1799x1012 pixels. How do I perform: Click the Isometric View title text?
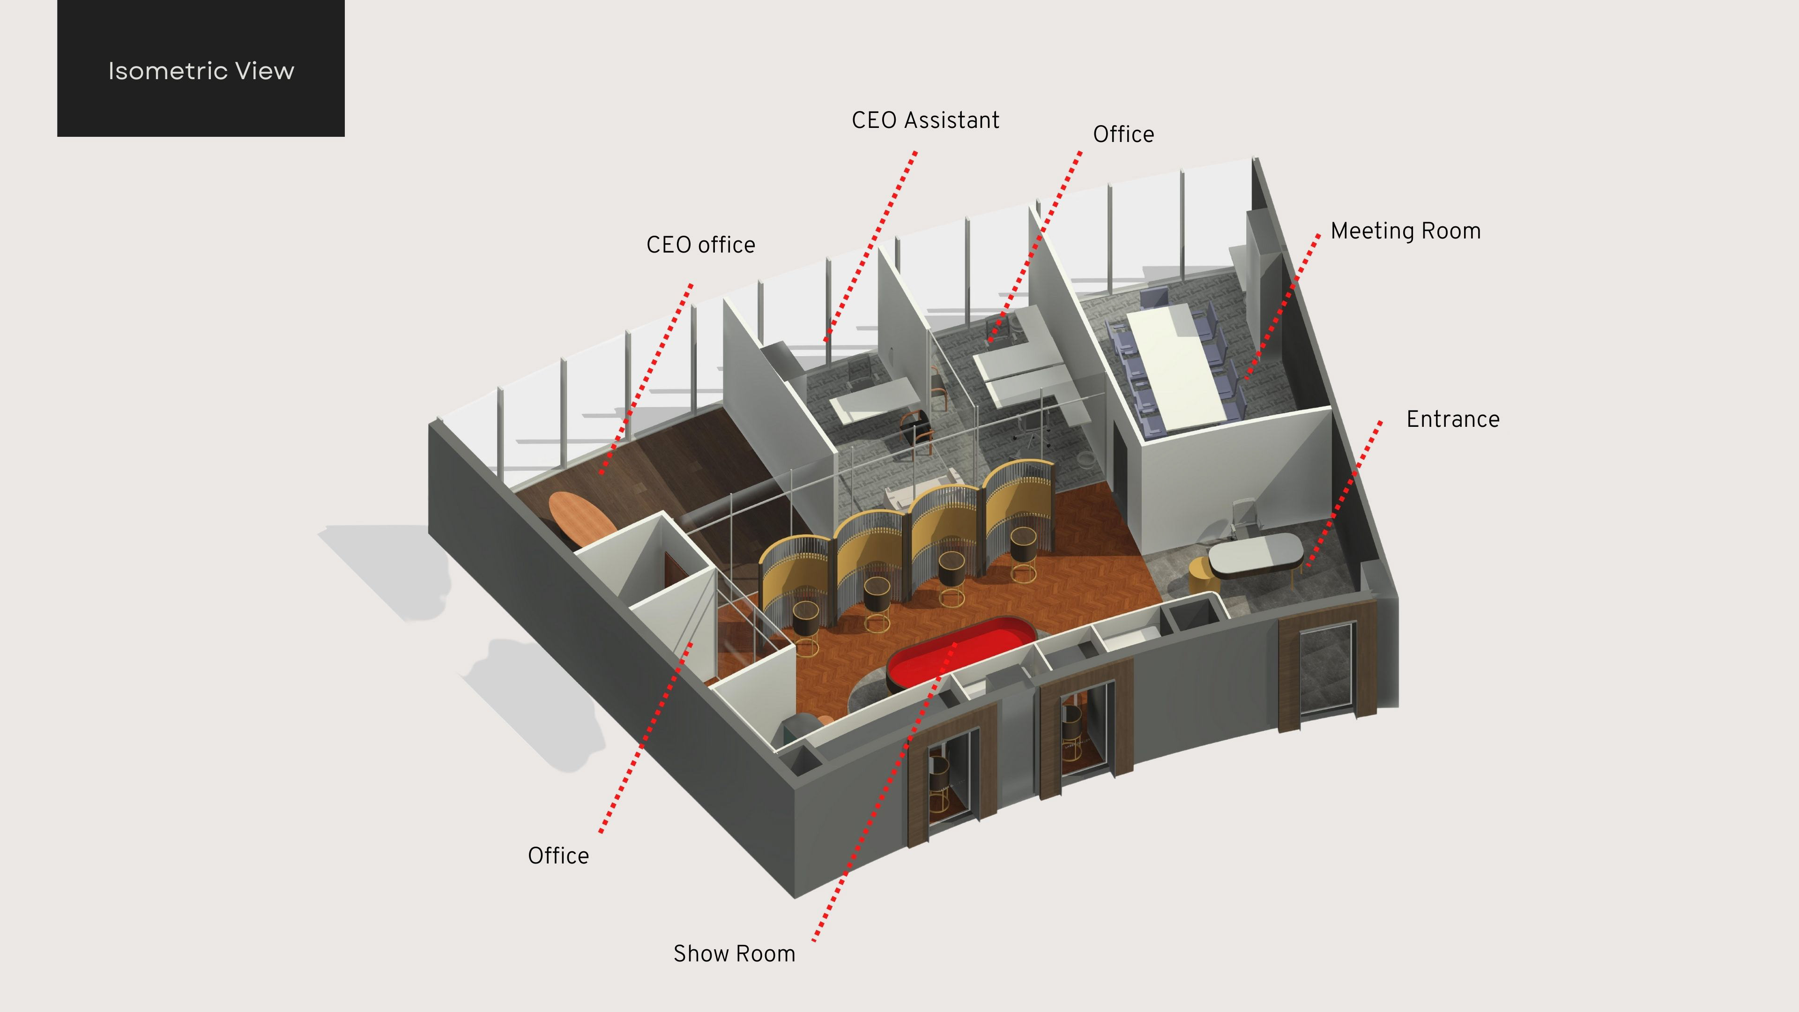(201, 71)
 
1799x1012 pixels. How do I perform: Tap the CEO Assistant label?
(925, 120)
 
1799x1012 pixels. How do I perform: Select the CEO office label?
(700, 245)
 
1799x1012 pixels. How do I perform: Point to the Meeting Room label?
(1405, 231)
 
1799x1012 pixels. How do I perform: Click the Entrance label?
(1453, 419)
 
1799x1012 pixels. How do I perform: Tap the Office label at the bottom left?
(558, 856)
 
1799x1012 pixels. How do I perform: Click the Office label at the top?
(1123, 134)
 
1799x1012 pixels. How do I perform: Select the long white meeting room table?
(1177, 367)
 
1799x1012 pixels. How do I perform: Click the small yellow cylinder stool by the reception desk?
(1199, 576)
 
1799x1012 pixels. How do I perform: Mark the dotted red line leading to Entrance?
(1345, 492)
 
